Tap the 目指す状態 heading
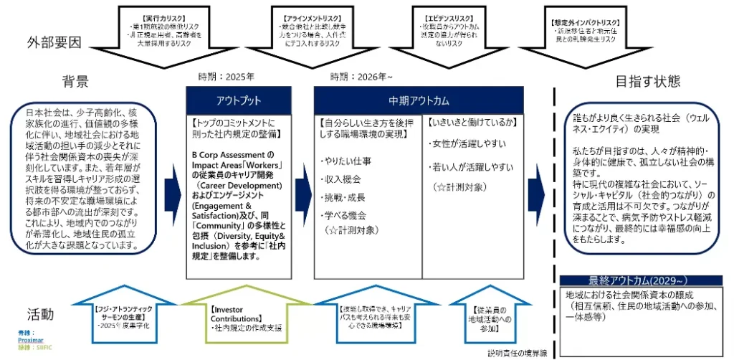[648, 81]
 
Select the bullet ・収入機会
[340, 178]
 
